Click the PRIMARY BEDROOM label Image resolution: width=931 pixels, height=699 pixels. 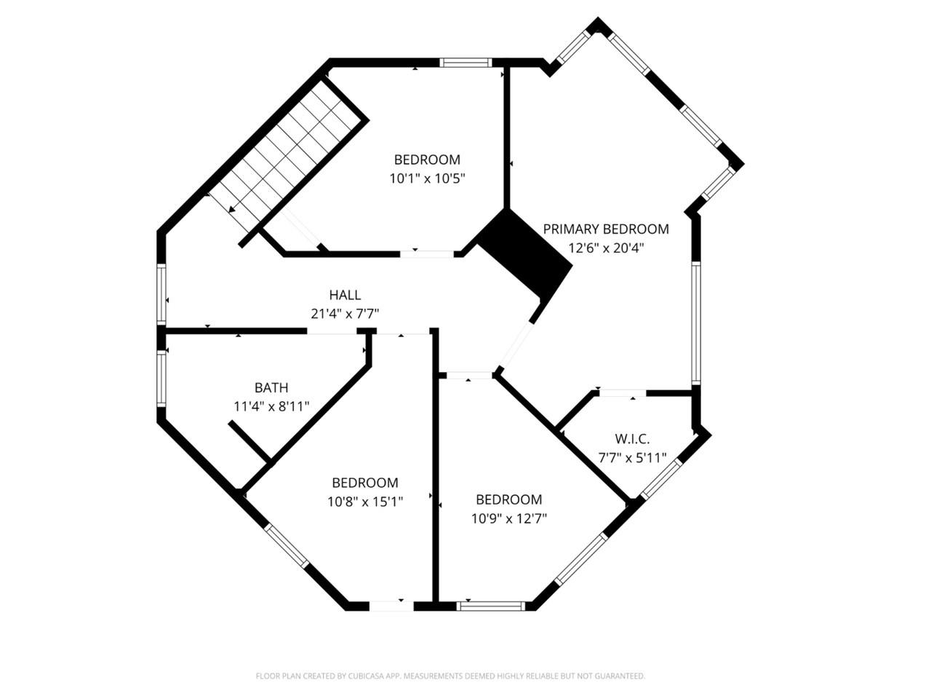(x=606, y=229)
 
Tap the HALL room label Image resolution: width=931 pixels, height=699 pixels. (x=345, y=295)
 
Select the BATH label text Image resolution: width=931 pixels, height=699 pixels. (x=271, y=387)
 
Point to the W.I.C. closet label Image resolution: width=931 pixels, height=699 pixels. (x=632, y=438)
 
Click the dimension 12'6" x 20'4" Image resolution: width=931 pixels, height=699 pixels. (x=606, y=248)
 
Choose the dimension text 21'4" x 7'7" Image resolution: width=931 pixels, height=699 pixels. (x=345, y=314)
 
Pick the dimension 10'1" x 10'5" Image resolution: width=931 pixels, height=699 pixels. (x=427, y=178)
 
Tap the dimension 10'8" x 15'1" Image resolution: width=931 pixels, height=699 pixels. (x=365, y=501)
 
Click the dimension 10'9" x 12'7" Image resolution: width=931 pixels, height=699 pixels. (x=509, y=518)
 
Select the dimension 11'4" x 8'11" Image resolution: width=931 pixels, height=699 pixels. (x=271, y=406)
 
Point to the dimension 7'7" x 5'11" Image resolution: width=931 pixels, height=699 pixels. (x=632, y=457)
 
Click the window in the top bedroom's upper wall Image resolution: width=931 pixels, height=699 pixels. (x=467, y=63)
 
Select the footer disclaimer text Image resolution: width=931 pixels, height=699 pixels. (x=450, y=676)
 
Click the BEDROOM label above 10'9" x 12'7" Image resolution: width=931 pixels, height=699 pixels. (x=509, y=499)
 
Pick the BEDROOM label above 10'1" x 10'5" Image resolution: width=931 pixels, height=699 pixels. (x=427, y=159)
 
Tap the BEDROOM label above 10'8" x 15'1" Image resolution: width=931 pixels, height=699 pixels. (x=365, y=482)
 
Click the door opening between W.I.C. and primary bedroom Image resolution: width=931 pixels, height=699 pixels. (x=622, y=393)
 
